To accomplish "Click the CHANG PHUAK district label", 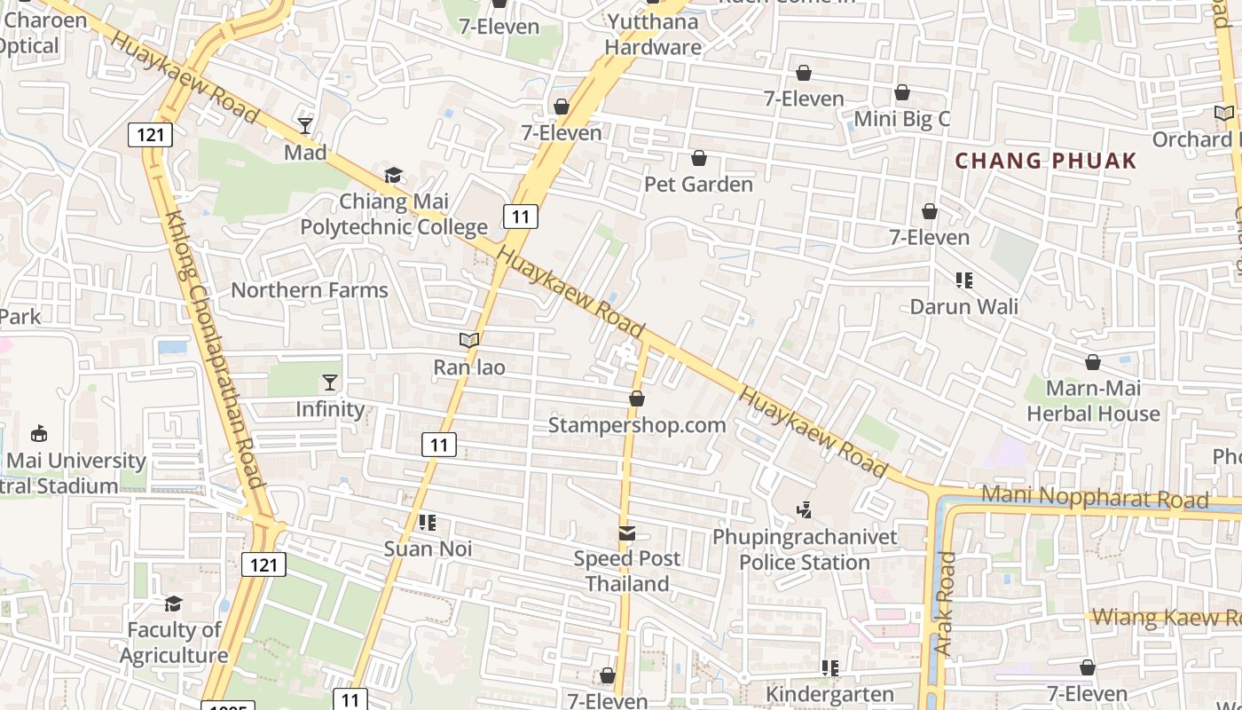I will click(x=1045, y=161).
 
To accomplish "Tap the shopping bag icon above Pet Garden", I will click(x=699, y=159).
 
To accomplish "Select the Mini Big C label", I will click(x=901, y=118).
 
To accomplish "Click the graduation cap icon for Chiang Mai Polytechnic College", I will click(x=393, y=176).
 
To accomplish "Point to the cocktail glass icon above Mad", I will click(x=305, y=125).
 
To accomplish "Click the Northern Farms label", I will click(x=310, y=290).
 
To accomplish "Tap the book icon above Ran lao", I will click(x=469, y=340).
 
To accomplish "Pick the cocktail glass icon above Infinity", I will click(x=330, y=383).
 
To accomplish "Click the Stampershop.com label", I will click(x=637, y=425).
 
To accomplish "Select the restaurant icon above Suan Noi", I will click(x=428, y=523).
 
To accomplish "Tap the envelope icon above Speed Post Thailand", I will click(x=627, y=533).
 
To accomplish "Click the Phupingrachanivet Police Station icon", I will click(x=805, y=510).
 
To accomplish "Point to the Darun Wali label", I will click(x=964, y=306).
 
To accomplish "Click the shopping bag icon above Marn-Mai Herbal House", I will click(x=1093, y=362).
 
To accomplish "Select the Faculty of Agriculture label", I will click(x=174, y=643).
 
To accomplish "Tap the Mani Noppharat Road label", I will click(x=1095, y=498).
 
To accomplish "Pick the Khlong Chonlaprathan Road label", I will click(x=213, y=349).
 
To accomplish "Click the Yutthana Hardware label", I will click(x=653, y=35).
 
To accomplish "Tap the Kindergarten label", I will click(x=829, y=694).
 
